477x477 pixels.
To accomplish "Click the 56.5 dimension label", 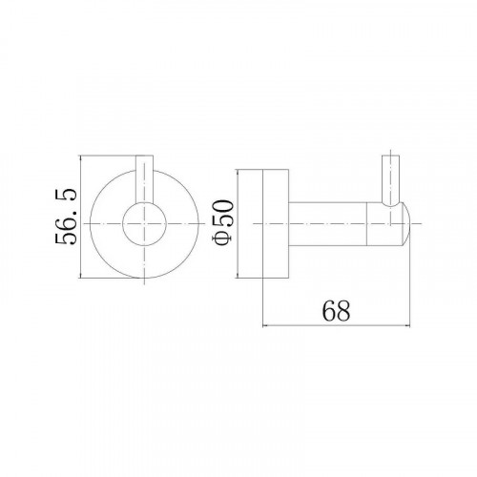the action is [66, 217].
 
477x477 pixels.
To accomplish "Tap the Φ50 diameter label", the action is [222, 222].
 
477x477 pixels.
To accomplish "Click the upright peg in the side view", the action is [390, 180].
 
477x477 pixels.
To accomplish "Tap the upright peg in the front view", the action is [145, 179].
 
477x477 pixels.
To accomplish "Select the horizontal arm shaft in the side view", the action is [327, 224].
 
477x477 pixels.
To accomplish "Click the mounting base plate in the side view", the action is [263, 223].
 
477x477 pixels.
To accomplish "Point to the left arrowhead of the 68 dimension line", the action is [264, 325].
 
